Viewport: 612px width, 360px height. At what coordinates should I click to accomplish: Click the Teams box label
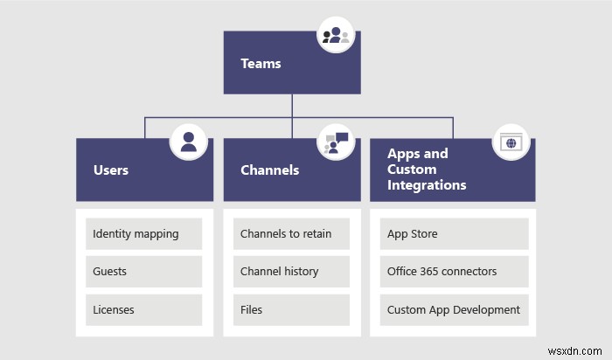(261, 64)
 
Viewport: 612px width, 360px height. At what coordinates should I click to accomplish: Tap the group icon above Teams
(336, 36)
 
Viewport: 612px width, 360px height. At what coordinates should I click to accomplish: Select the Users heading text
(110, 170)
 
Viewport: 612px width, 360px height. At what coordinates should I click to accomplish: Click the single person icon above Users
(188, 142)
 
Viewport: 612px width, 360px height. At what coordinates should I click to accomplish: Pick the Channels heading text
(269, 170)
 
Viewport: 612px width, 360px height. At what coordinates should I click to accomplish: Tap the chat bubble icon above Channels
(336, 142)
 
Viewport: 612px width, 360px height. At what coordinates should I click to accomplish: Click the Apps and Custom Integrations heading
(427, 170)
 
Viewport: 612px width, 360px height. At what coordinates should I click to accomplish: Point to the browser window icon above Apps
(511, 142)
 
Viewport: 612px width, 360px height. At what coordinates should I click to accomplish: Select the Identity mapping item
(136, 234)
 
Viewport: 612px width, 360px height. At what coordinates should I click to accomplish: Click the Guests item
(110, 272)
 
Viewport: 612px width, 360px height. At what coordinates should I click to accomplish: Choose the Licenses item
(114, 309)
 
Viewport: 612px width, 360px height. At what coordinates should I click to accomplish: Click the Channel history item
(279, 272)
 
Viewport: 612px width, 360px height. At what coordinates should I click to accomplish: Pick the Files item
(252, 309)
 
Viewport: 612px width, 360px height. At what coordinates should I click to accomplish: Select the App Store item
(413, 234)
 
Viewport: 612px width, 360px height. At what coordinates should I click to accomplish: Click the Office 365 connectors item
(442, 272)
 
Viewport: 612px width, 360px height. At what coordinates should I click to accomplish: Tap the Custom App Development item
(453, 309)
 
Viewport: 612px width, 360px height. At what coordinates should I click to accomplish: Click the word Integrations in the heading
(427, 185)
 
